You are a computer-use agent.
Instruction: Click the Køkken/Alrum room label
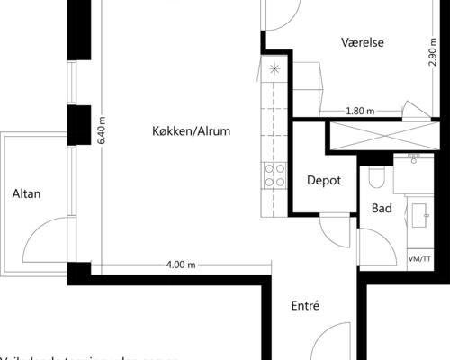point(192,131)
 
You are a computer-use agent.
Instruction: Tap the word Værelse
point(363,42)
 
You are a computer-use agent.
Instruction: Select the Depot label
point(324,180)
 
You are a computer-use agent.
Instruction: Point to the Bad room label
point(382,209)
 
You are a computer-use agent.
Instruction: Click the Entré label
point(306,306)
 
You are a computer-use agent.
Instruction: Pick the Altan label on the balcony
point(26,193)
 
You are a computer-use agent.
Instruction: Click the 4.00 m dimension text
point(181,265)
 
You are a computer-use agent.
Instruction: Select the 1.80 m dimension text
point(360,112)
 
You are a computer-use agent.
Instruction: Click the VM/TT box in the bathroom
point(419,260)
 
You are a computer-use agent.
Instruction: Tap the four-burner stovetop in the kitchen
point(274,175)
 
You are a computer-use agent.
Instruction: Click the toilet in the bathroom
point(376,176)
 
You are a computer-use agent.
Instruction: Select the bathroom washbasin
point(419,213)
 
